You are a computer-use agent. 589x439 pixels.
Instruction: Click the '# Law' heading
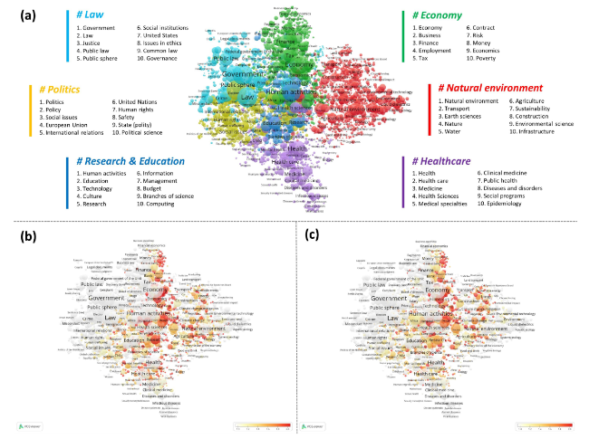(x=91, y=15)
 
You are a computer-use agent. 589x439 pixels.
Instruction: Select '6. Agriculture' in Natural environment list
(x=529, y=102)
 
